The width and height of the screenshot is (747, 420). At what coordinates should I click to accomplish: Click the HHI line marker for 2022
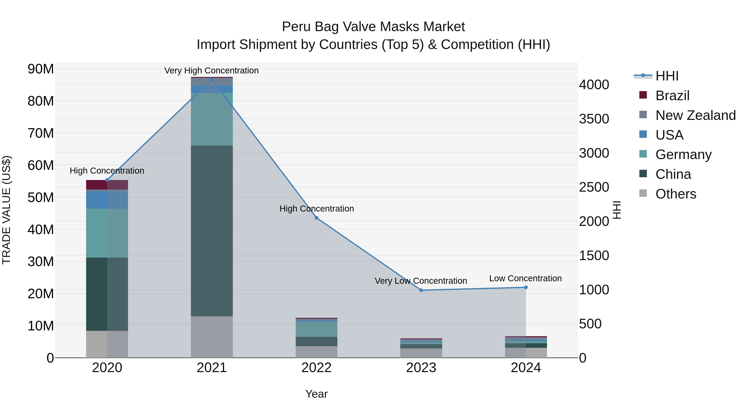pos(316,218)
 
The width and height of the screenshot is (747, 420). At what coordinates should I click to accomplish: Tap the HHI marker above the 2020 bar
pos(107,180)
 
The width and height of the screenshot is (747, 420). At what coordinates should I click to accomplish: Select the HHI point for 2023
pos(421,290)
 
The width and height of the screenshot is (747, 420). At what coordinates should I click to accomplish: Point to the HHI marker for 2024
pos(526,287)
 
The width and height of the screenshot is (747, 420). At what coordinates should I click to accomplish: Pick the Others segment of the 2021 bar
pos(212,337)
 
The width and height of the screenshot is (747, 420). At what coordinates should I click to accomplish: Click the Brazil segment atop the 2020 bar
pos(107,185)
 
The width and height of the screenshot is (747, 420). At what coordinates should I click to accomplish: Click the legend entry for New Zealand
pos(695,115)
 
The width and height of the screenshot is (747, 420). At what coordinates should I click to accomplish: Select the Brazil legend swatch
pos(643,95)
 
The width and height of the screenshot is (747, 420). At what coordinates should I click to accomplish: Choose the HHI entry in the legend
pos(667,76)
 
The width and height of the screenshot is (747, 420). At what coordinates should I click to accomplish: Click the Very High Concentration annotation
pos(211,71)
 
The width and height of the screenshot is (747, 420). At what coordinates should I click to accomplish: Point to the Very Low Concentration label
pos(421,281)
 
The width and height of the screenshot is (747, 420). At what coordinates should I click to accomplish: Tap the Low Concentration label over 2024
pos(525,278)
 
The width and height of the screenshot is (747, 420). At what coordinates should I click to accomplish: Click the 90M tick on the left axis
pos(41,69)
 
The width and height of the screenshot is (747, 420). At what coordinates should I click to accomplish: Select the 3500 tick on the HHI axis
pos(594,119)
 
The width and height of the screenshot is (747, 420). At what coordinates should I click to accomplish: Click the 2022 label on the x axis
pos(316,368)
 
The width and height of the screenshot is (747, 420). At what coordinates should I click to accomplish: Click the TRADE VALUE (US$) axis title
pos(6,210)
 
